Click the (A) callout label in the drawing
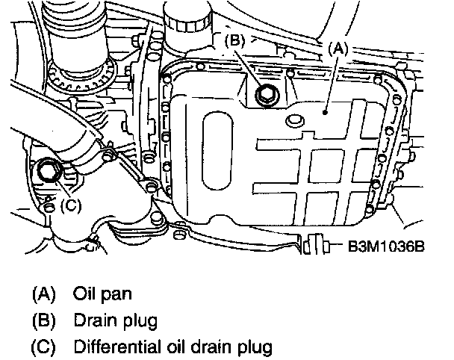click(338, 47)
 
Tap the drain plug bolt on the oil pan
click(264, 95)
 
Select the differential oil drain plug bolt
click(50, 171)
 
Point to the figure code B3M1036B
click(382, 246)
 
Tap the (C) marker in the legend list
click(44, 347)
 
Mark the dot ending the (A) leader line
click(326, 111)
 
